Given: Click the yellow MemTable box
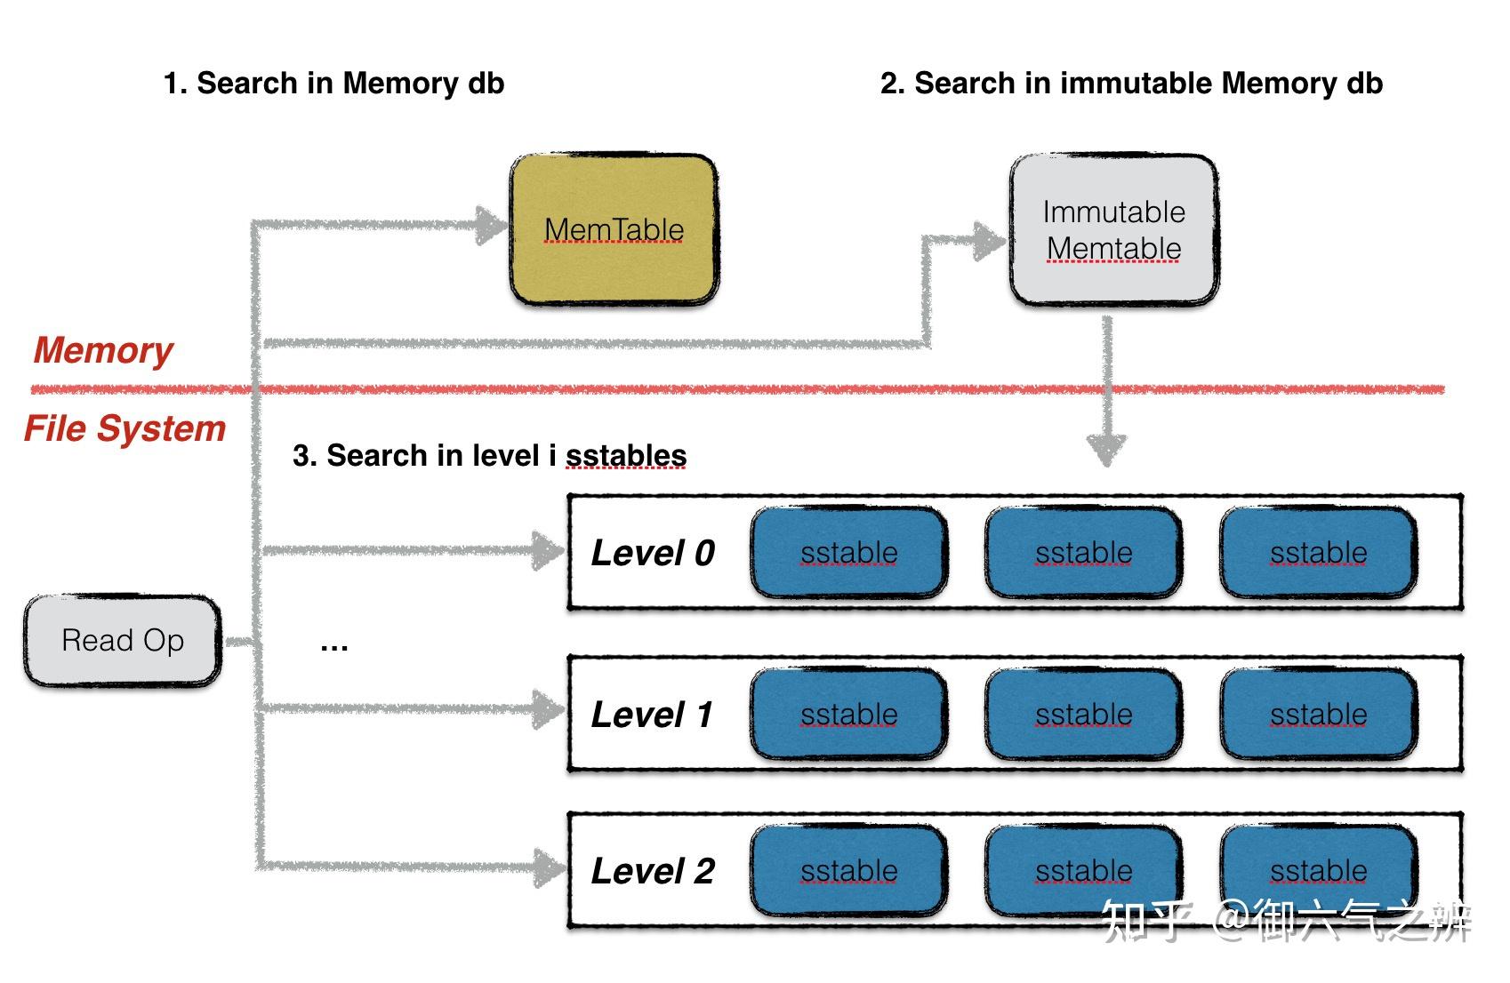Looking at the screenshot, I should [x=614, y=230].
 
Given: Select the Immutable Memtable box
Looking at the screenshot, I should [x=1113, y=230].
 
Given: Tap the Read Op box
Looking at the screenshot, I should [x=123, y=641].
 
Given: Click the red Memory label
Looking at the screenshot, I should [x=103, y=350].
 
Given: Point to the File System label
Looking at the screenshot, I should [x=124, y=428].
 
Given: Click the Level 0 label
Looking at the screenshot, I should [x=653, y=553].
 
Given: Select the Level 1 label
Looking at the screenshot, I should [x=652, y=715].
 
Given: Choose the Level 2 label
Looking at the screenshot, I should [x=653, y=871].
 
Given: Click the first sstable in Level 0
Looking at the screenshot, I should [x=848, y=553].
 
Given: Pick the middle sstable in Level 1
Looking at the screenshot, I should [x=1083, y=715].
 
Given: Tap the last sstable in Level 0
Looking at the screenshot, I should [x=1318, y=553].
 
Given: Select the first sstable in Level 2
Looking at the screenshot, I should [x=848, y=871].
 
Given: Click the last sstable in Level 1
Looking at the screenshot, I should [x=1318, y=715].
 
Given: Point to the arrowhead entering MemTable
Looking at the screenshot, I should [x=491, y=225].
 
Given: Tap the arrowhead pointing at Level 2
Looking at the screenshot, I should [x=548, y=867].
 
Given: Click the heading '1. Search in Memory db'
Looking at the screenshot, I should [x=333, y=84].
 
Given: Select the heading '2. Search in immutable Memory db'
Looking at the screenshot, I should [x=1131, y=84].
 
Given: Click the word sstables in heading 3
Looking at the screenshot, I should [x=626, y=456].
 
